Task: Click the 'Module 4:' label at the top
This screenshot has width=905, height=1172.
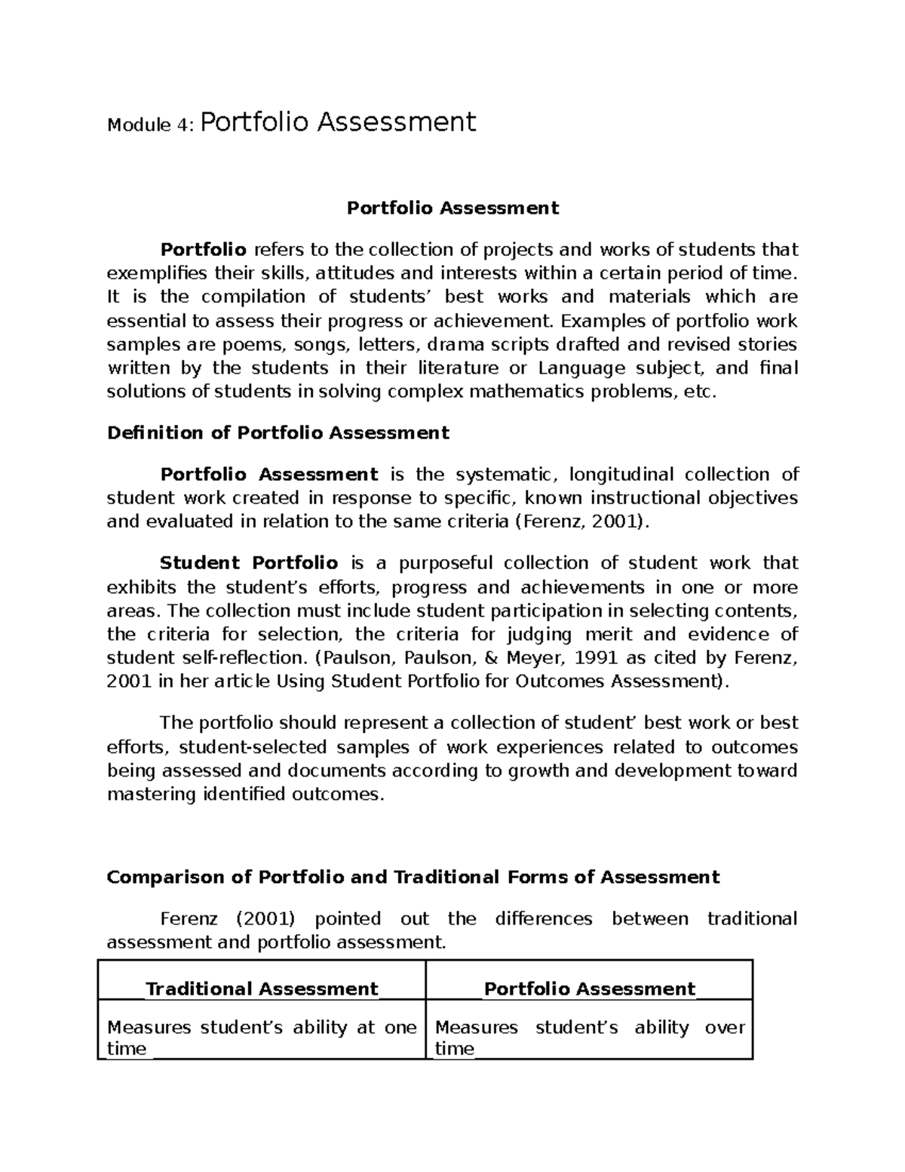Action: (151, 125)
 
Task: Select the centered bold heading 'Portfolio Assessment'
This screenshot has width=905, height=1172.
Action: (452, 208)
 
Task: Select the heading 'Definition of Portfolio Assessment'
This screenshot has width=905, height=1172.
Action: (278, 433)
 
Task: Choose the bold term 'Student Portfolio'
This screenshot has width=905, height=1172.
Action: (249, 563)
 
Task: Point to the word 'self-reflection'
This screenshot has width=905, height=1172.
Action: (204, 657)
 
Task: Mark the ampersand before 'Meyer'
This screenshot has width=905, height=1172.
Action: (490, 657)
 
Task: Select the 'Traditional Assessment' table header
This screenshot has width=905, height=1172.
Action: (261, 989)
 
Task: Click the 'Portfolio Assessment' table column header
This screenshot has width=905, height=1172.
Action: (589, 989)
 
